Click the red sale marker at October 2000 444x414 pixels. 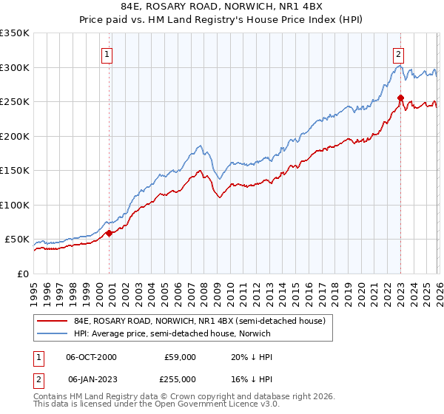(110, 233)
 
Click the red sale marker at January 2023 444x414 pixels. (400, 98)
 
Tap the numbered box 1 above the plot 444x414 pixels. (108, 53)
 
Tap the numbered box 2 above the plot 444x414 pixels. (399, 53)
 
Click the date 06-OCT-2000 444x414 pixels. (92, 357)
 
